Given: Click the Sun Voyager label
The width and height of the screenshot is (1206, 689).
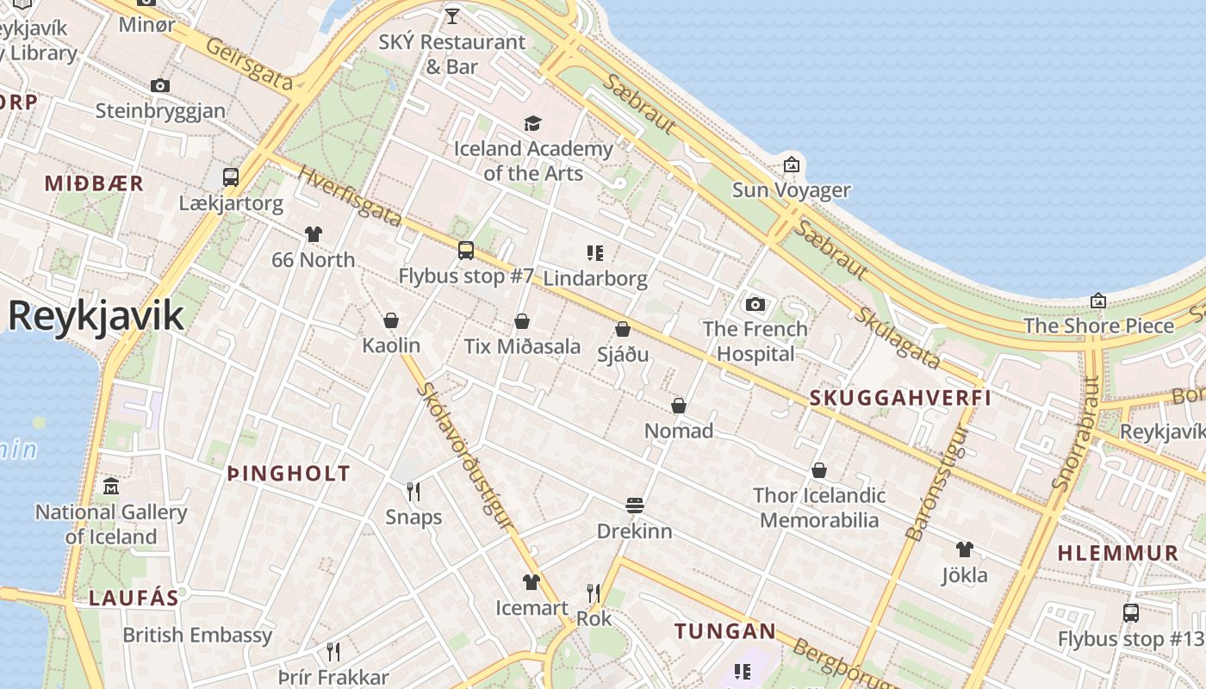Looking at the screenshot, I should coord(791,189).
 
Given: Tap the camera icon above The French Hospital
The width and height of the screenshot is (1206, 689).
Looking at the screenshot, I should coord(755,304).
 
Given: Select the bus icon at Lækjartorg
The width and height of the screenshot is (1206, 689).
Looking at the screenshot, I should coord(231,177).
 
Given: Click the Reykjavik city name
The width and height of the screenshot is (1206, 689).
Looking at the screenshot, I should coord(96,316).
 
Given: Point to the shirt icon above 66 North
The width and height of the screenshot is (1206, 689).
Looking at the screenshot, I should coord(313,234).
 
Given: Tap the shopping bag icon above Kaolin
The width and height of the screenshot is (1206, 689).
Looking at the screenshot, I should coord(391,320).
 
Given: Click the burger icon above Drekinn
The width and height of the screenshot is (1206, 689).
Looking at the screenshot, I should coord(635,505).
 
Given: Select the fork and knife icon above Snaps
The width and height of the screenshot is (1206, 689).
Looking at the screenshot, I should coord(413,491).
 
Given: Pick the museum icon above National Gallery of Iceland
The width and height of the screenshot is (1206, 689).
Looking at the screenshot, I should coord(110,487).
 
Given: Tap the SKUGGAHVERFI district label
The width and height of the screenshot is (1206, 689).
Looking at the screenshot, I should coord(900,398).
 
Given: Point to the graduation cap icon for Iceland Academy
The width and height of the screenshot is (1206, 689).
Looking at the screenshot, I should coord(532,124).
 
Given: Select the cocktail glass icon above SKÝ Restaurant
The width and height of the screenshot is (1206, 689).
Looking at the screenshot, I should coord(451,16).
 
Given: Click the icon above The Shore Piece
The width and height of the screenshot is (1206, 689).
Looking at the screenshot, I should coord(1098,301).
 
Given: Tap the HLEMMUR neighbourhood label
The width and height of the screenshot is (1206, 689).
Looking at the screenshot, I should coord(1117,553).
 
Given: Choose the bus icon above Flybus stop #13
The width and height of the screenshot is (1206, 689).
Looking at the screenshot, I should coord(1130,613).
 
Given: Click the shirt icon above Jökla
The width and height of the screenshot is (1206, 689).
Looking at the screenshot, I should coord(964,549).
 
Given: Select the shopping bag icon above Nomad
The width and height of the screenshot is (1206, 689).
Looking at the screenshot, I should coord(679,406).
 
